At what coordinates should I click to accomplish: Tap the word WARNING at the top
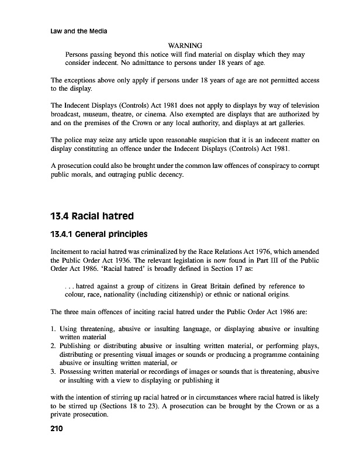coord(185,46)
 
